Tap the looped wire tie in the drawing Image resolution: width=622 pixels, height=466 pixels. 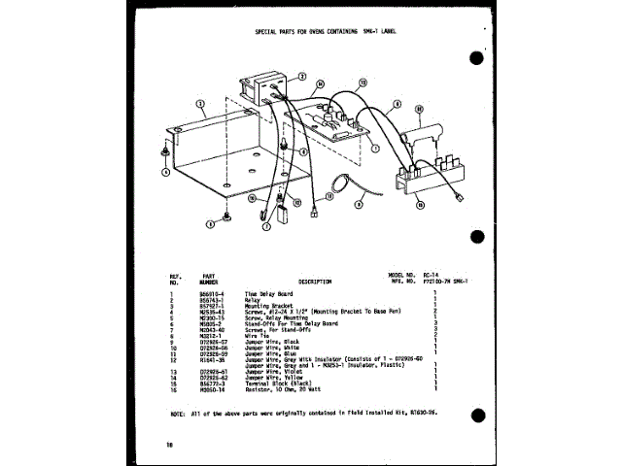[x=340, y=182]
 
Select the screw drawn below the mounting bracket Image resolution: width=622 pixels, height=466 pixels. [x=226, y=216]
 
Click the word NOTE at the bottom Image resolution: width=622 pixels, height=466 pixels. [x=177, y=414]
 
